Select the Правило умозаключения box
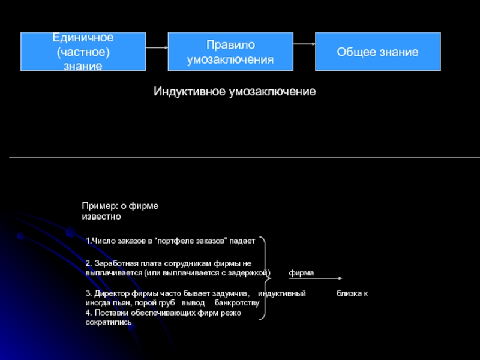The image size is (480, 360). tap(230, 52)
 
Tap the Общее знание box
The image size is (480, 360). tap(377, 52)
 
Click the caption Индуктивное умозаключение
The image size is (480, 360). tap(235, 92)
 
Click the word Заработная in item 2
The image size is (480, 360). tap(114, 263)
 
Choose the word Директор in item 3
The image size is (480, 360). tap(113, 294)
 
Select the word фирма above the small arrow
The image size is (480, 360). tap(301, 272)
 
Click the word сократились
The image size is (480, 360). tap(109, 322)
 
